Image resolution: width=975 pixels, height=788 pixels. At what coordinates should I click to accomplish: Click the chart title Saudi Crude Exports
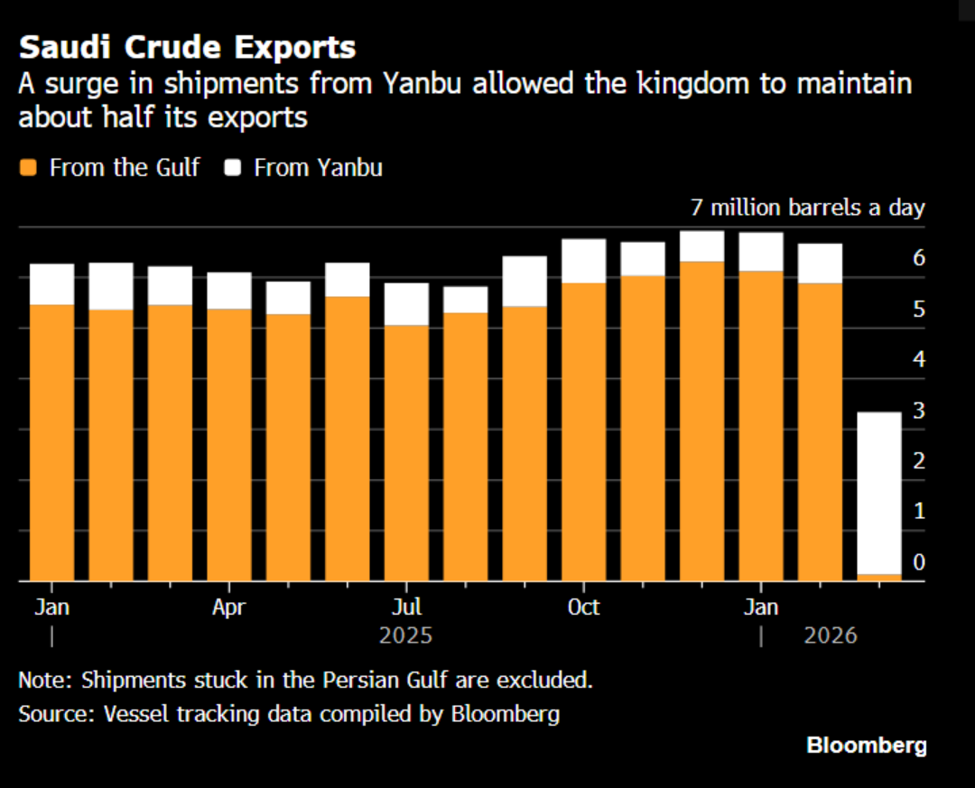pos(187,47)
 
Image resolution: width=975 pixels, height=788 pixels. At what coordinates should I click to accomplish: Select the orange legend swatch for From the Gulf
pos(28,168)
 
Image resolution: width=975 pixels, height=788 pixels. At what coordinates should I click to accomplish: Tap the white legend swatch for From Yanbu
pos(233,168)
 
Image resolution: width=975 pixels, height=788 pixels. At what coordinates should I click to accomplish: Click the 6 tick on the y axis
pos(919,258)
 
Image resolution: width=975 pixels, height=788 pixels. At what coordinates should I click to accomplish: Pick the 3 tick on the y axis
pos(919,411)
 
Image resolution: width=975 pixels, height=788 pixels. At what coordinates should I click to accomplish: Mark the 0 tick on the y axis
pos(919,562)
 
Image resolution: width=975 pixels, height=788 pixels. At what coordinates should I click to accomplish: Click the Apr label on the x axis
pos(228,607)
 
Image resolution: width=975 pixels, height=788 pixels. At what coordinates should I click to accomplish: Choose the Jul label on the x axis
pos(406,607)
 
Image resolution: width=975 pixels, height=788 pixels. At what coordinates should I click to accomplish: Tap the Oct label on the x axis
pos(583,607)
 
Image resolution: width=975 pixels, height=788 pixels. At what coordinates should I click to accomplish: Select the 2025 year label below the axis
pos(405,635)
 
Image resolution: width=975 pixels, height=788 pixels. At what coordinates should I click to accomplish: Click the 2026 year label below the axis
pos(831,635)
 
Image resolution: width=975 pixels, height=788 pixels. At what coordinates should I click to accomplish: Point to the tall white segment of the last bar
pos(878,493)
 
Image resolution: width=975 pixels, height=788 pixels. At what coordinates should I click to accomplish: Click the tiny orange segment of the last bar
pos(878,578)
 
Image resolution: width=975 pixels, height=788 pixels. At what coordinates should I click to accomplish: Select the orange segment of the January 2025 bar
pos(51,442)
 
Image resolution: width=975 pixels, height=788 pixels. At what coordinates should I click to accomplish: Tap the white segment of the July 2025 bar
pos(406,304)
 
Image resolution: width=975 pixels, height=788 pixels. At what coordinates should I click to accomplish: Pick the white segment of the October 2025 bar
pos(583,261)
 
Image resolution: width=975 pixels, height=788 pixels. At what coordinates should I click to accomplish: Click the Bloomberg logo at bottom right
pos(866,746)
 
